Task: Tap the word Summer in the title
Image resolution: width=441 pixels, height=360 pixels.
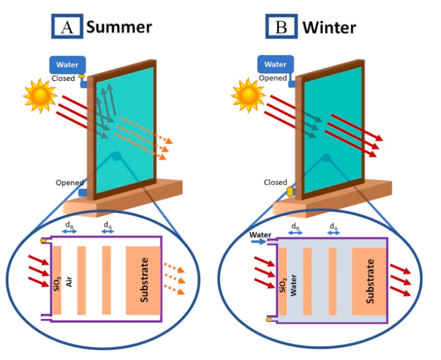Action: click(119, 27)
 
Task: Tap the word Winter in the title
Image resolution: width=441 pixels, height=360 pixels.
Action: click(329, 27)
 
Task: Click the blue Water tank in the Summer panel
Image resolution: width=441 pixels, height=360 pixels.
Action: click(66, 65)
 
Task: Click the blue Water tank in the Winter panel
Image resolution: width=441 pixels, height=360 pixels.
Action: click(275, 65)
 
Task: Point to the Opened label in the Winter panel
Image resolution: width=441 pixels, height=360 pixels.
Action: click(273, 79)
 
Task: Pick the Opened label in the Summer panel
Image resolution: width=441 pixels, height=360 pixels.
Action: click(70, 183)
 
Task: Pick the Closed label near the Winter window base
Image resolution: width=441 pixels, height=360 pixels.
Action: click(275, 183)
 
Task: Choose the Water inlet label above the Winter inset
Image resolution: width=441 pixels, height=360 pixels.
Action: click(260, 235)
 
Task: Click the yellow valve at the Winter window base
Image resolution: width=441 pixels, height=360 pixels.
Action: click(289, 193)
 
